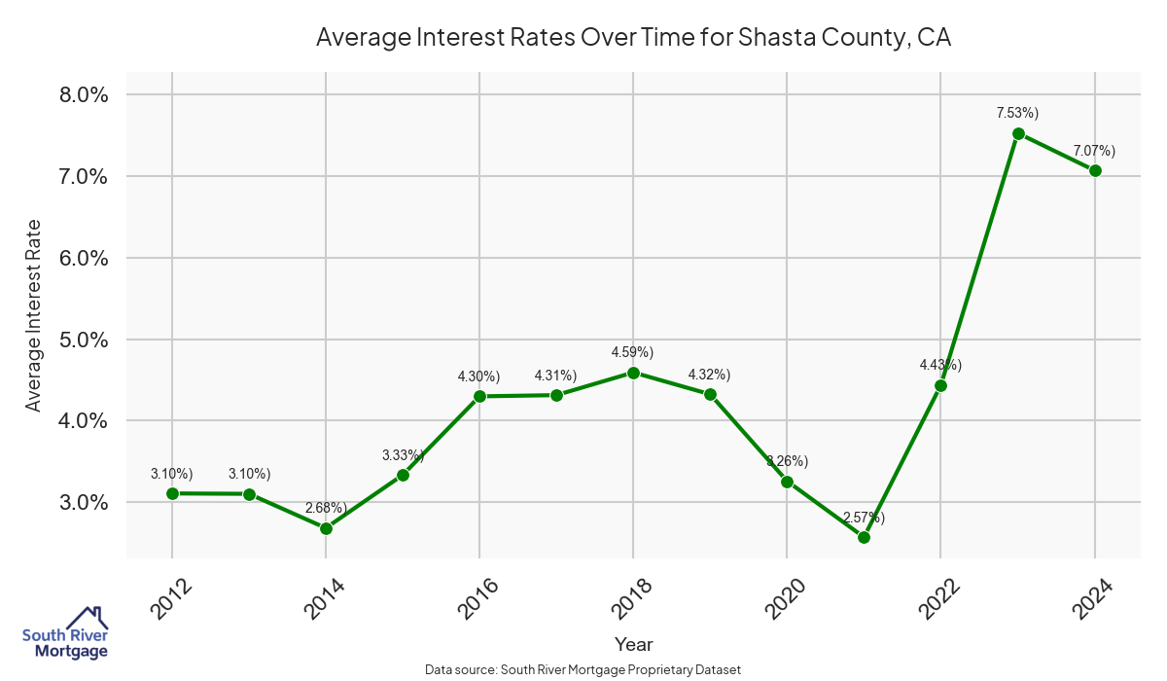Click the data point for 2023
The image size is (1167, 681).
click(x=1018, y=134)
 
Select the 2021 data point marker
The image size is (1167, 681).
click(x=864, y=537)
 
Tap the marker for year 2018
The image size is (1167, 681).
click(x=633, y=373)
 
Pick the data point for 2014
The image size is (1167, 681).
click(x=326, y=528)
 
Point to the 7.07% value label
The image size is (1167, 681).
click(x=1094, y=151)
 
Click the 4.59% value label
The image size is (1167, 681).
click(x=632, y=351)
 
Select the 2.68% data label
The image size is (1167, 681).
click(x=326, y=508)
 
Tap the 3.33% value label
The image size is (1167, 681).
click(x=402, y=454)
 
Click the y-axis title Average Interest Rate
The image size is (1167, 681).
click(x=34, y=315)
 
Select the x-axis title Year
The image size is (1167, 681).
click(x=633, y=644)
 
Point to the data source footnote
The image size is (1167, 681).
click(x=583, y=669)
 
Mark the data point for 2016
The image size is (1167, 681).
click(x=479, y=396)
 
